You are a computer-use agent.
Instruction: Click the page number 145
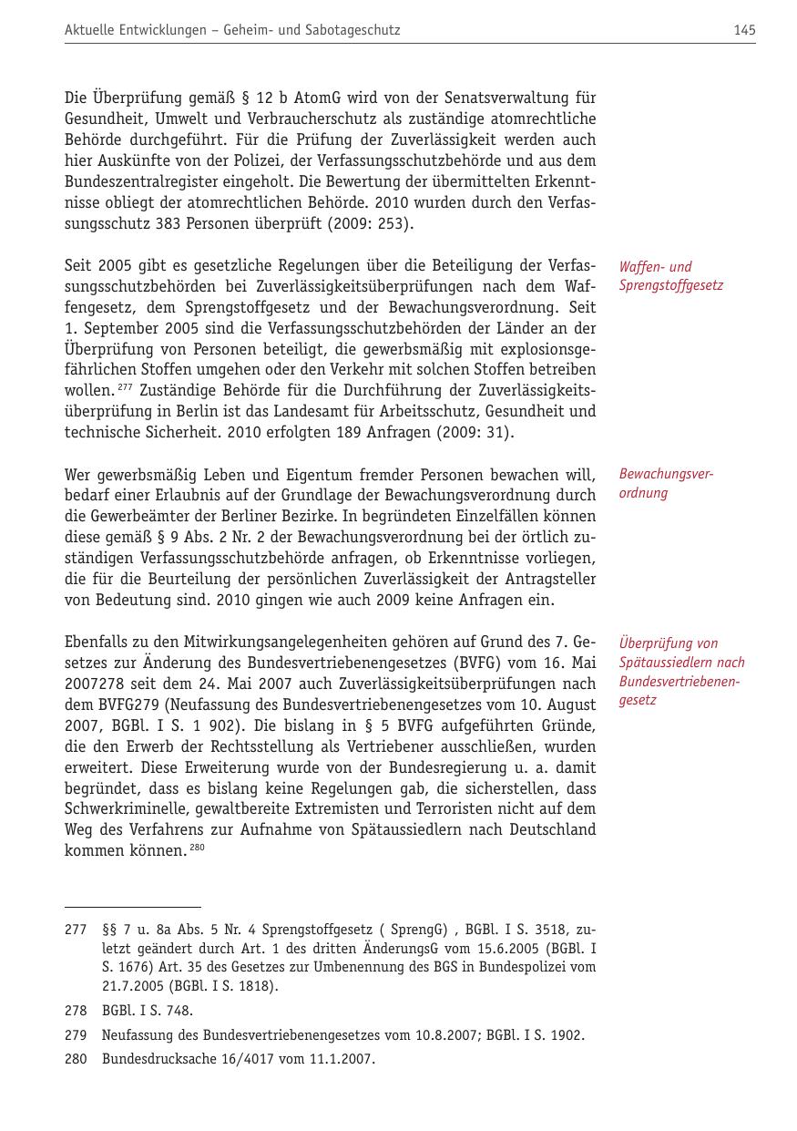coord(743,30)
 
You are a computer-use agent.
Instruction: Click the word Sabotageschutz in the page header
coord(355,30)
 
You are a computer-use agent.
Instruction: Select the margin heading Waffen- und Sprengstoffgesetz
coord(670,276)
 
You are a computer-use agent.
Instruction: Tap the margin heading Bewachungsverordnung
coord(665,484)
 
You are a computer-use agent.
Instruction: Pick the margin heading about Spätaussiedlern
coord(680,672)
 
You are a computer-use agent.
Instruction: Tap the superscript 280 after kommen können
coord(197,848)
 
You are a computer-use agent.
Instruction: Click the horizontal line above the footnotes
coord(132,907)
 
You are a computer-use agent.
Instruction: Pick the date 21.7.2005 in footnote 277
coord(133,986)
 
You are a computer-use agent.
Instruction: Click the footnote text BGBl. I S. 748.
coord(147,1011)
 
